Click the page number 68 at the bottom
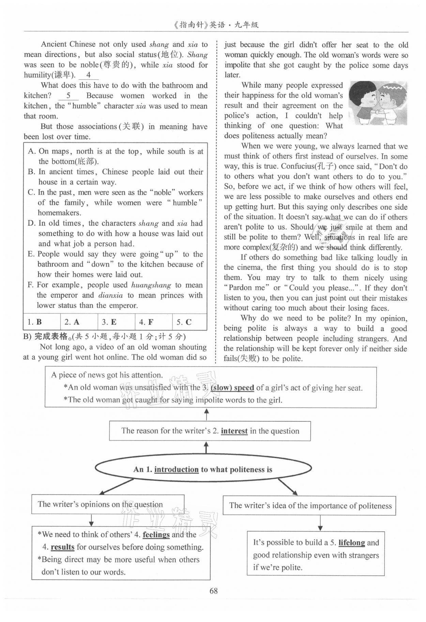pos(214,591)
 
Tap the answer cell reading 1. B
pos(42,322)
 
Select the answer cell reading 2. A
pos(79,322)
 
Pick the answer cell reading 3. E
pos(116,322)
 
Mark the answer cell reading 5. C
pos(189,322)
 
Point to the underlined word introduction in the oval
pos(176,470)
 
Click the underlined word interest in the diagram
pos(234,431)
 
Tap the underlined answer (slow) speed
pos(232,388)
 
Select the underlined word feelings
pos(156,534)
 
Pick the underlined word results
pos(62,547)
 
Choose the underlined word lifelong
pos(352,543)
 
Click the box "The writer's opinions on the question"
pos(108,504)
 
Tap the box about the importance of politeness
pos(309,505)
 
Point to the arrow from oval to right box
pos(288,487)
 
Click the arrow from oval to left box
pos(116,487)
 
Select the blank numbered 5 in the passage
pos(68,96)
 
